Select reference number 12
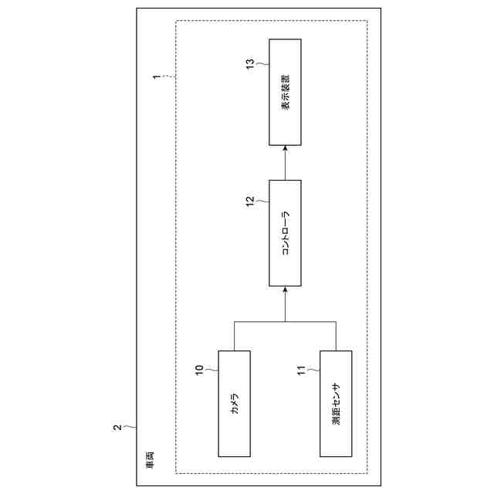(x=250, y=201)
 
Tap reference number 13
(x=250, y=62)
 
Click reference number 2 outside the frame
(x=117, y=427)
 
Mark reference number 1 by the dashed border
(x=157, y=78)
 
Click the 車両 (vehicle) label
(x=149, y=461)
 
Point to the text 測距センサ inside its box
(x=336, y=404)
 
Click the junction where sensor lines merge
(x=285, y=320)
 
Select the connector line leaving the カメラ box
(x=235, y=336)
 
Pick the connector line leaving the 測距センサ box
(x=336, y=336)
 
